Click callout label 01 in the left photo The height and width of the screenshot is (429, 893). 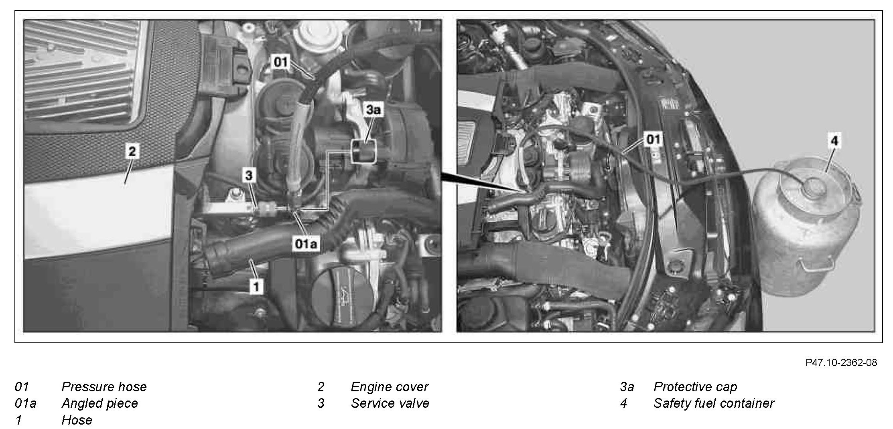pos(280,62)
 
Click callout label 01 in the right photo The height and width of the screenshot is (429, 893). pos(653,139)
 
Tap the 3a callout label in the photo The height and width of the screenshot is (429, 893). pos(373,109)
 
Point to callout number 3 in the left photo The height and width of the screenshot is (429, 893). pos(249,175)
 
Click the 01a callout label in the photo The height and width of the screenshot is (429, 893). pos(306,244)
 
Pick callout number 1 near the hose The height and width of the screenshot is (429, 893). pos(256,286)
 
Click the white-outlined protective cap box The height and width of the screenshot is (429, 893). pos(364,151)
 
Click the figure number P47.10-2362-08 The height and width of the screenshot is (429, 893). pos(841,362)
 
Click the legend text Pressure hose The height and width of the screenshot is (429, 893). pos(104,387)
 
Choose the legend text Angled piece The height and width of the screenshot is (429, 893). pos(99,403)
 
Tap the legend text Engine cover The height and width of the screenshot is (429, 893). pos(390,387)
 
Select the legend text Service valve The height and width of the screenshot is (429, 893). pos(390,403)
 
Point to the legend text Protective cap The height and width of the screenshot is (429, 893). pos(695,387)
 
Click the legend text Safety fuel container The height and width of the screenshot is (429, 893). pos(714,403)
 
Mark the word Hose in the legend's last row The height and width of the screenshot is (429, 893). pos(77,420)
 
